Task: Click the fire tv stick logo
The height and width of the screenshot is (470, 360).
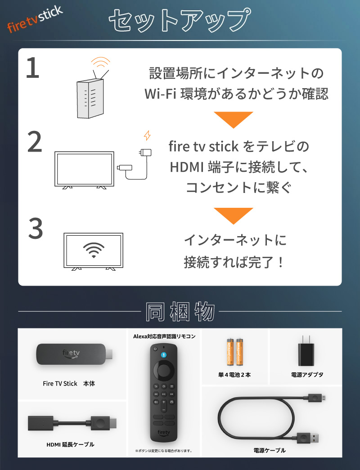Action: click(x=35, y=19)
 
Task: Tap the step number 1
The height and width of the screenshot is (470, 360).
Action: click(x=33, y=68)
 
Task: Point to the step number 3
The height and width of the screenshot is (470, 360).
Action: click(x=36, y=228)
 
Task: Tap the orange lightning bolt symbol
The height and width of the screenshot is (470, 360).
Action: click(x=147, y=135)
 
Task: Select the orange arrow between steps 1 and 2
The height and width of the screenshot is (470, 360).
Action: click(x=234, y=120)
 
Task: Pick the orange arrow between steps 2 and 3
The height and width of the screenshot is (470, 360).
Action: click(x=234, y=216)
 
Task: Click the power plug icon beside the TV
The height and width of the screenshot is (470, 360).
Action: click(x=145, y=152)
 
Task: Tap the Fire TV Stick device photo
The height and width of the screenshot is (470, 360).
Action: click(x=75, y=354)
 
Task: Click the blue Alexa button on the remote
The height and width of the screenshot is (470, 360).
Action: click(x=163, y=355)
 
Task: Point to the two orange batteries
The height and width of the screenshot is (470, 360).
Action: click(x=235, y=352)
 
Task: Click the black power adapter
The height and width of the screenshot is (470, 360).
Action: click(x=306, y=351)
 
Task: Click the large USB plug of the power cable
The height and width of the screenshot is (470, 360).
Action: click(x=308, y=438)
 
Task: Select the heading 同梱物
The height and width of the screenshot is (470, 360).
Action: click(x=180, y=312)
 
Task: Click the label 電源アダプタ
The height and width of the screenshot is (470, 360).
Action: click(x=307, y=375)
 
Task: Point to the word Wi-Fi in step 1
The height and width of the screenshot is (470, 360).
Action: click(x=160, y=94)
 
